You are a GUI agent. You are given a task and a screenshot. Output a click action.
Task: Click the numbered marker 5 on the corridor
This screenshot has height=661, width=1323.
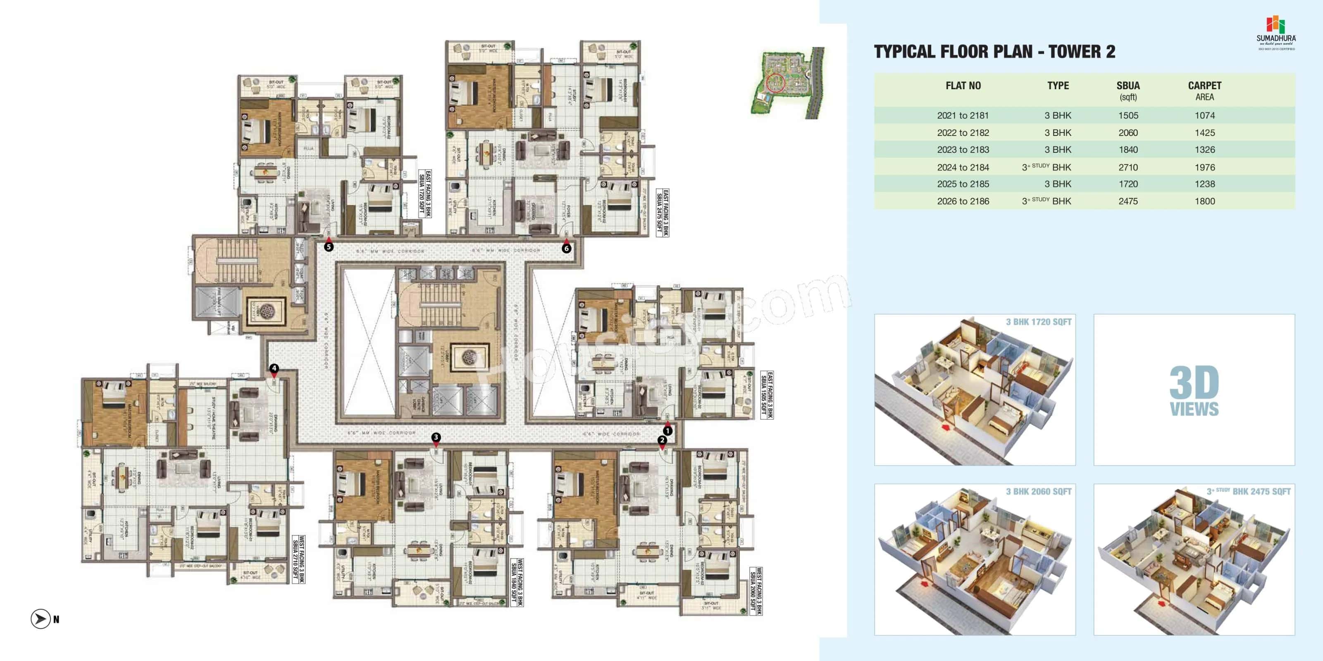(x=329, y=247)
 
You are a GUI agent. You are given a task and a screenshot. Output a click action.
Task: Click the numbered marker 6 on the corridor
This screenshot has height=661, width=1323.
(x=566, y=248)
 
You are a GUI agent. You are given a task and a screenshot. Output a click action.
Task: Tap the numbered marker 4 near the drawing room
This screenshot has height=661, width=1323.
(x=274, y=368)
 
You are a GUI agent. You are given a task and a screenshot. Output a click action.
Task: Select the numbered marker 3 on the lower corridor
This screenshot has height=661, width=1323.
(x=436, y=437)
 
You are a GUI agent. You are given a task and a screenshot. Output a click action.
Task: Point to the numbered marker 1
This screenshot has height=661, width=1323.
(x=667, y=430)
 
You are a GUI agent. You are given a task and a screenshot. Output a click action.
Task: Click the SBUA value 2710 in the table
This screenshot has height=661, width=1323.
(x=1128, y=167)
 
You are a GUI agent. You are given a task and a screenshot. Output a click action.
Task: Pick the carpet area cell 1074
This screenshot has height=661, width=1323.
(x=1204, y=116)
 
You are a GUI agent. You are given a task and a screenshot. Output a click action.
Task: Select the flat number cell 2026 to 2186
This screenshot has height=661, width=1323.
(x=963, y=201)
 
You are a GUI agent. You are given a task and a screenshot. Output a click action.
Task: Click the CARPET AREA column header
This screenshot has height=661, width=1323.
(x=1204, y=91)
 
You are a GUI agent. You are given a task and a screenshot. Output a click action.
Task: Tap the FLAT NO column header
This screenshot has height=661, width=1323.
(x=963, y=86)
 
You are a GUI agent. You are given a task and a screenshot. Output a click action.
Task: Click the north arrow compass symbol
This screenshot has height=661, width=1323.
(x=41, y=619)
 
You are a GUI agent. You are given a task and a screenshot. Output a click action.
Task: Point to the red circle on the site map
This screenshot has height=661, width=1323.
(x=775, y=83)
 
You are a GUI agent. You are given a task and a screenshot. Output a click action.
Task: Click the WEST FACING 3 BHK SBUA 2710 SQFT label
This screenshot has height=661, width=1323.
(x=298, y=559)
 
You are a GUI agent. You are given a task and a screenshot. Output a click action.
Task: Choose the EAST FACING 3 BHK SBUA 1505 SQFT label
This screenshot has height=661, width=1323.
(x=767, y=395)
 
